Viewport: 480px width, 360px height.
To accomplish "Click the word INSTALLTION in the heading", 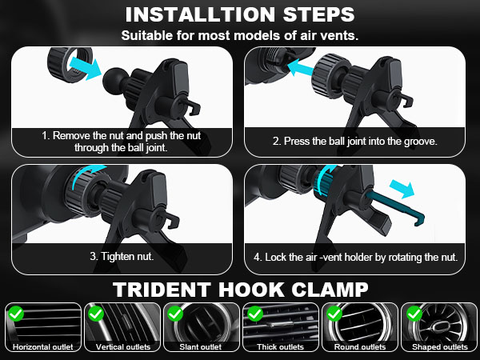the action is [x=200, y=14].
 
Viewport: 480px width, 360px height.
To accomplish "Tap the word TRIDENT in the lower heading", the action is [x=162, y=290].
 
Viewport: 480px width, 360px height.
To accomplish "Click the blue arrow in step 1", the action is [x=86, y=68].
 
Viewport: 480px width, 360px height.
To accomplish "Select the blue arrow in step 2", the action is [x=301, y=68].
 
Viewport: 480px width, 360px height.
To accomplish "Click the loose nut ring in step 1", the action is [x=70, y=64].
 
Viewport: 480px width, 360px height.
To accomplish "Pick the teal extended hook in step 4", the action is [x=395, y=206].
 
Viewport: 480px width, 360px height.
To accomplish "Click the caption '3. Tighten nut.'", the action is [x=122, y=256].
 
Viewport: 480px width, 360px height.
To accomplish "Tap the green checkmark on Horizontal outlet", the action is [x=16, y=314].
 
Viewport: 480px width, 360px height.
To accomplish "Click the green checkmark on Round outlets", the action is [x=334, y=314].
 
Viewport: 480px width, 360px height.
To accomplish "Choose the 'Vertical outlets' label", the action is [x=123, y=347].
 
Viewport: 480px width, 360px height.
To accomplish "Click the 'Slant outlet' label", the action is [x=201, y=347].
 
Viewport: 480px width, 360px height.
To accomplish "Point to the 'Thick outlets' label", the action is [x=281, y=347].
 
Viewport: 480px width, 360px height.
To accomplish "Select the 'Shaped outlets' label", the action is [x=440, y=347].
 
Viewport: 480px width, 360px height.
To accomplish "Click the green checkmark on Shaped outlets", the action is [x=414, y=314].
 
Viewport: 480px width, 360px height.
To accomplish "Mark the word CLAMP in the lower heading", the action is [x=330, y=290].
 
